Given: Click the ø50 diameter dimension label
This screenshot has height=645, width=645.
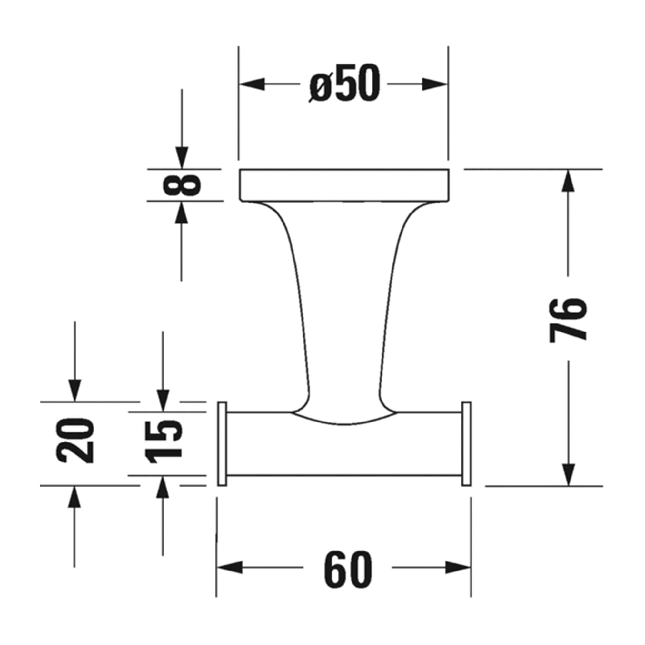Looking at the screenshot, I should tap(344, 84).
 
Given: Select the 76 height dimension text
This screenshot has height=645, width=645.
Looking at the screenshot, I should tap(569, 320).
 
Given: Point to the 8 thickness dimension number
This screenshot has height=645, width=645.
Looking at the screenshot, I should tap(182, 185).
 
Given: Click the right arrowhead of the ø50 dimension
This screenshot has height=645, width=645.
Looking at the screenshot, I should tap(434, 84).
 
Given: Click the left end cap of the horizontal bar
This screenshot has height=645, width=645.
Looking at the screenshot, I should tap(222, 444).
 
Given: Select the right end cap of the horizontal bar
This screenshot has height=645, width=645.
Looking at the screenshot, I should tap(466, 444).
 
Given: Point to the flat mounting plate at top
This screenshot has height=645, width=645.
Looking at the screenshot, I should tap(344, 185).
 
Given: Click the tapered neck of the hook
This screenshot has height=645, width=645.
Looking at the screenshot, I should tap(344, 301).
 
